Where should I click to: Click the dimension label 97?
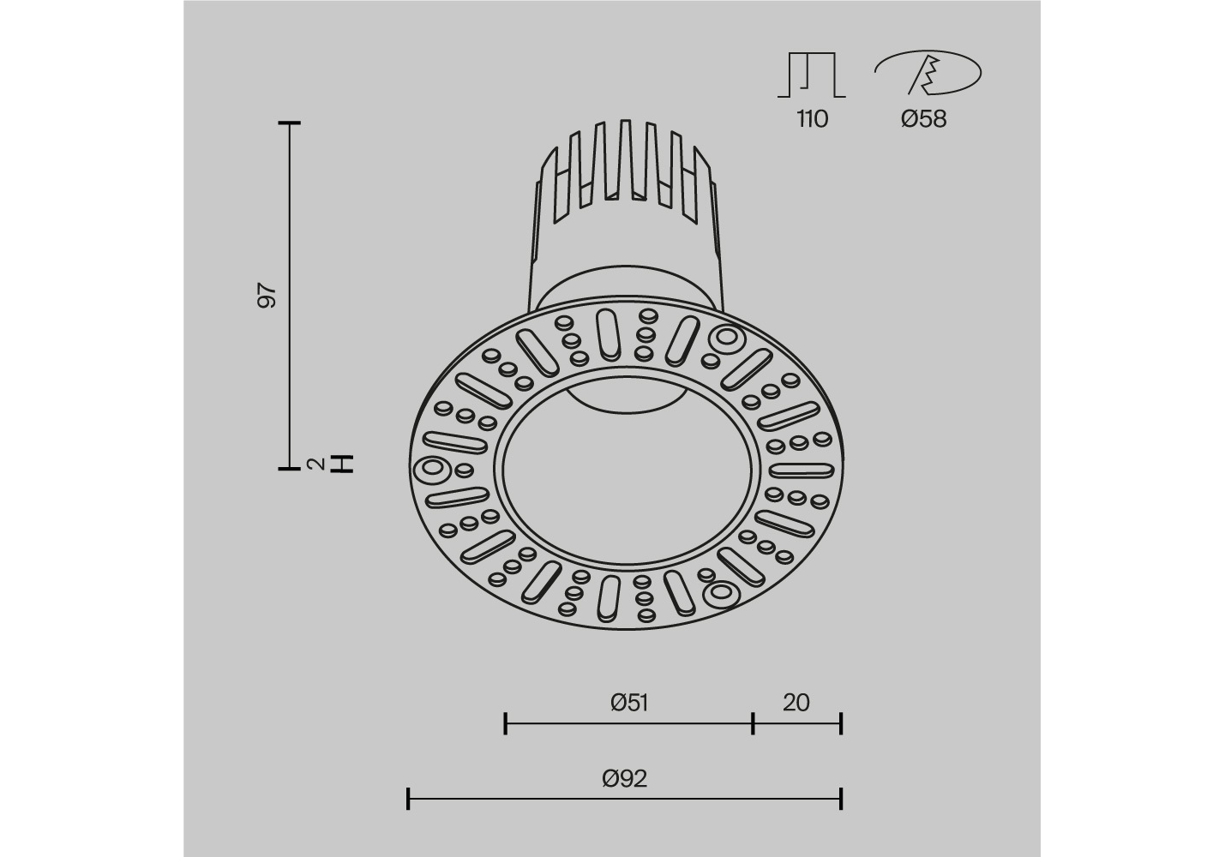pyautogui.click(x=267, y=296)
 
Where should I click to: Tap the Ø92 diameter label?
pyautogui.click(x=625, y=778)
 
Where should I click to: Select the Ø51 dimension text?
pyautogui.click(x=629, y=703)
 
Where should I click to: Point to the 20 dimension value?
pyautogui.click(x=796, y=703)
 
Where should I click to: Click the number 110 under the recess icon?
pyautogui.click(x=813, y=118)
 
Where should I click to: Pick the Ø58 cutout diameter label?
pyautogui.click(x=923, y=118)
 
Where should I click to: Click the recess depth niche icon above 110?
pyautogui.click(x=812, y=75)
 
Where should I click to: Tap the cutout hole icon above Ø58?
pyautogui.click(x=928, y=73)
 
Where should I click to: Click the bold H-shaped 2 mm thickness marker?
pyautogui.click(x=345, y=464)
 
